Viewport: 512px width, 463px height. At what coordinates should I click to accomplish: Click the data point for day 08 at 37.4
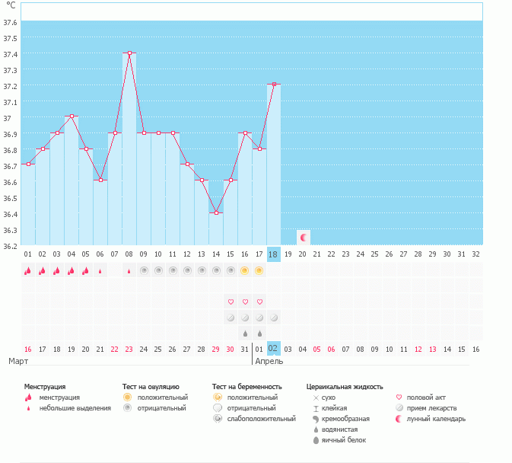coord(129,53)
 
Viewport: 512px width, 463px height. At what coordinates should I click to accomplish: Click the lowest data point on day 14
coord(216,212)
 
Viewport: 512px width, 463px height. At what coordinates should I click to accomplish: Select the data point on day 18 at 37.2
coord(274,85)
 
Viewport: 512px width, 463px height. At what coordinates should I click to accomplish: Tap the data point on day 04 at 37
coord(71,117)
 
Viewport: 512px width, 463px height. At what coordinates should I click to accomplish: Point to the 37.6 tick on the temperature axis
coord(11,22)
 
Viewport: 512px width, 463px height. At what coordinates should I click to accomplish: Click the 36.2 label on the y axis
coord(11,246)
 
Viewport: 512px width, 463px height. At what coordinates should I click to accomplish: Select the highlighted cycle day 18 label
coord(274,254)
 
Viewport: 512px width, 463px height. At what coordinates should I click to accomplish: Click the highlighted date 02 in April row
coord(274,348)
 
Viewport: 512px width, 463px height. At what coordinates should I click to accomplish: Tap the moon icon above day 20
coord(303,238)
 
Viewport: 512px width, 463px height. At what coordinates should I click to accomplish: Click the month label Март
coord(18,361)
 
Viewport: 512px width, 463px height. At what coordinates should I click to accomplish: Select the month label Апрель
coord(269,361)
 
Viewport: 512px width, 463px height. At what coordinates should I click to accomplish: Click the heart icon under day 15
coord(231,302)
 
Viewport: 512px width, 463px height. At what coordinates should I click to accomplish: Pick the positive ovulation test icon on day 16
coord(245,270)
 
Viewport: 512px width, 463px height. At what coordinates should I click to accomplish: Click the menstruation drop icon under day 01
coord(27,270)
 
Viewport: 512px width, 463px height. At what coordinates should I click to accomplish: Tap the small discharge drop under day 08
coord(129,271)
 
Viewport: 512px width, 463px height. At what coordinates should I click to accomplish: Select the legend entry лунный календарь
coord(436,419)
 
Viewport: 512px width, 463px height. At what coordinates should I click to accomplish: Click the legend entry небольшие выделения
coord(75,407)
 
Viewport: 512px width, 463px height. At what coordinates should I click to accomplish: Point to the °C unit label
coord(11,5)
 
